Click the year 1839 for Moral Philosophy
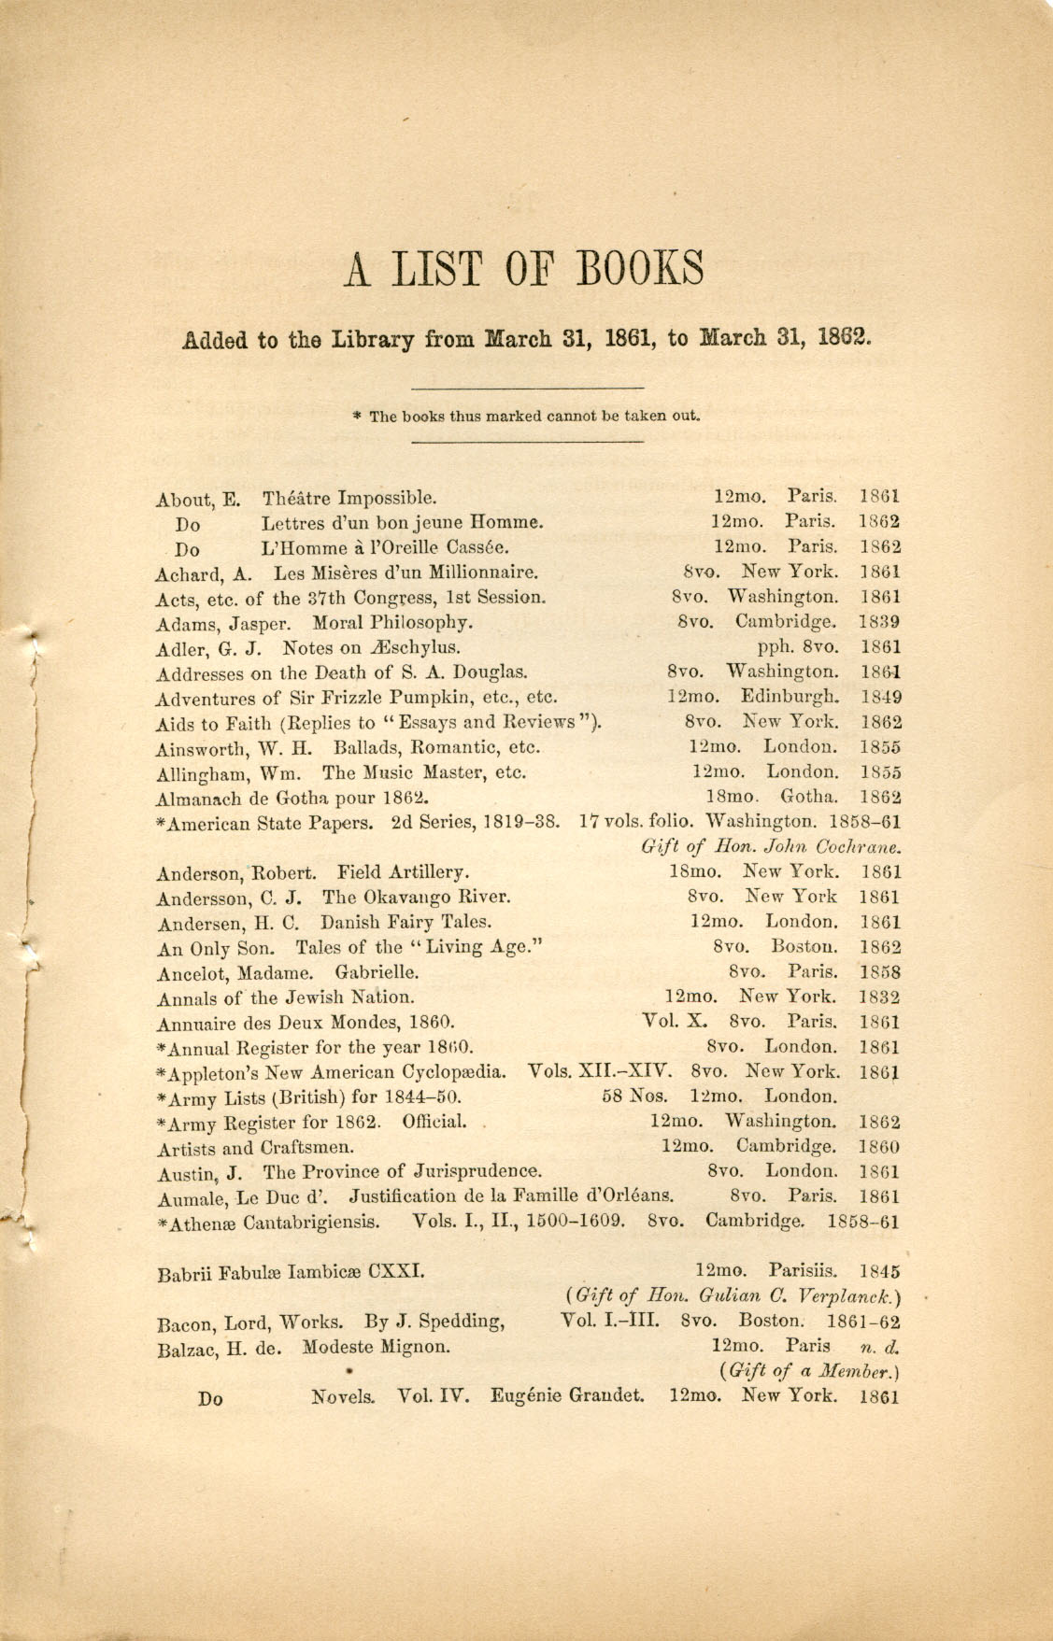click(x=880, y=621)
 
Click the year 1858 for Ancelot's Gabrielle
click(x=880, y=972)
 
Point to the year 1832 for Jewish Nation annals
click(x=880, y=997)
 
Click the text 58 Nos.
click(x=635, y=1096)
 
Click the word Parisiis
click(x=803, y=1271)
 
